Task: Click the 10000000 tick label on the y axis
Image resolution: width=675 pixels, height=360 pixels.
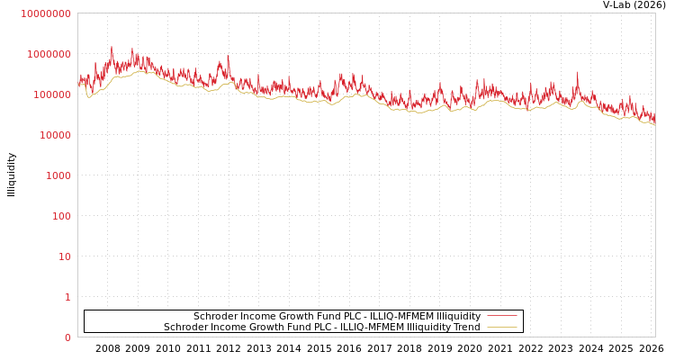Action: [x=45, y=13]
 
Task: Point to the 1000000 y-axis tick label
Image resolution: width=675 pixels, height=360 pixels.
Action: [x=49, y=54]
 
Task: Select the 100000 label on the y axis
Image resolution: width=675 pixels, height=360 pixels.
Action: [x=51, y=94]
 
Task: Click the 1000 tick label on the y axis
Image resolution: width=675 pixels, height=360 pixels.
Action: [x=58, y=175]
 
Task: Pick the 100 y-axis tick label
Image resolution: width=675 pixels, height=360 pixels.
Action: [x=60, y=216]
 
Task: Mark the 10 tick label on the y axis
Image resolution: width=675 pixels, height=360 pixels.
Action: [x=65, y=256]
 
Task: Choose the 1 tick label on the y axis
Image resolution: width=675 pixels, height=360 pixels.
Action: [x=67, y=297]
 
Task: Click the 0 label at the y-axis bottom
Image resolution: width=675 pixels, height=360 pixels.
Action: [x=67, y=337]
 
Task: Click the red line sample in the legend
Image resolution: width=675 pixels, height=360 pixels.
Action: [x=501, y=316]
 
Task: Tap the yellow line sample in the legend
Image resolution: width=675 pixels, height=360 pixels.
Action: [x=501, y=327]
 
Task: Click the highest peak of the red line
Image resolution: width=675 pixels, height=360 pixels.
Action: [x=112, y=48]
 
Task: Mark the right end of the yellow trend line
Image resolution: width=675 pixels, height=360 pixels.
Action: [x=654, y=124]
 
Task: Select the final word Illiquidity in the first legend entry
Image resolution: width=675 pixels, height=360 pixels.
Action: [x=458, y=316]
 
